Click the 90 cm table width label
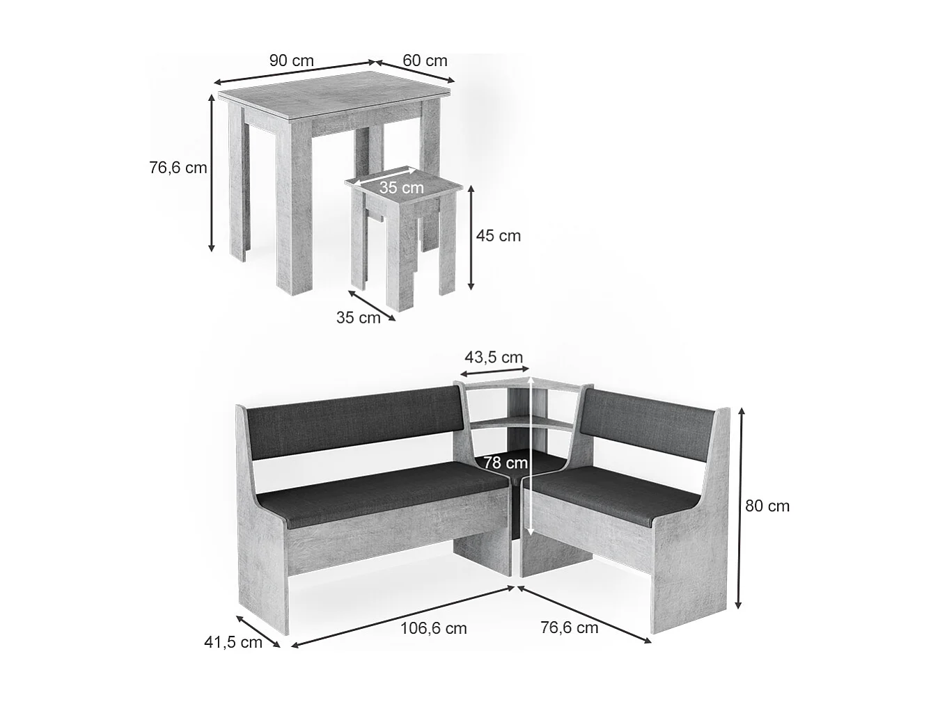(292, 61)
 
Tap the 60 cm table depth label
(425, 61)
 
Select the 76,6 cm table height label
(178, 168)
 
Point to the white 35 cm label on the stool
(401, 187)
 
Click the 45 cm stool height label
(498, 236)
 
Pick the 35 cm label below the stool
(359, 318)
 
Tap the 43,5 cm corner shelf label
(494, 358)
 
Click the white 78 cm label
(506, 463)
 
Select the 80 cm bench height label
(767, 506)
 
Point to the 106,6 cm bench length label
(434, 628)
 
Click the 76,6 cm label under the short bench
(570, 627)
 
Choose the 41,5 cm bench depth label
(233, 642)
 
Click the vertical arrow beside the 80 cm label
(741, 508)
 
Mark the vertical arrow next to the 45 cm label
(471, 237)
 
